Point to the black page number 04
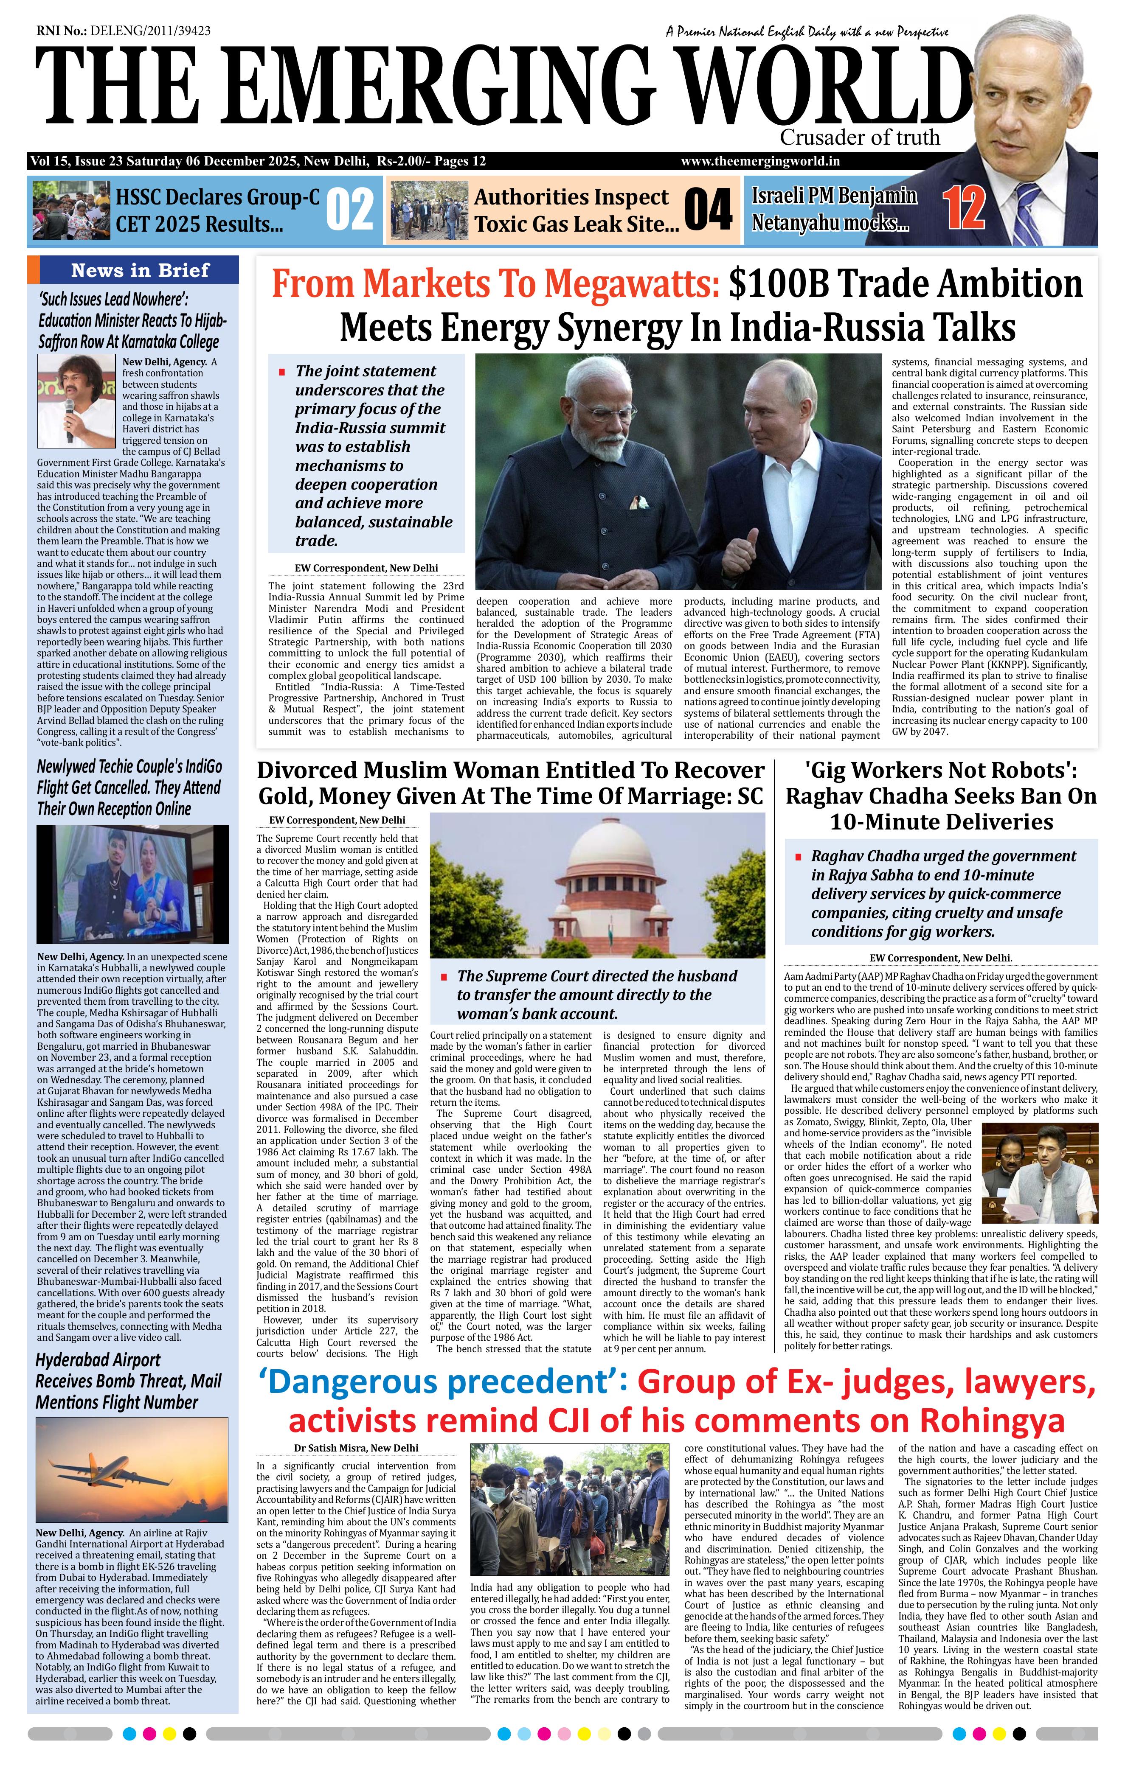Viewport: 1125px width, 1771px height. coord(708,210)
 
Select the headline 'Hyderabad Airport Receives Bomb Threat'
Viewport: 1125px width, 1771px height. coord(128,1381)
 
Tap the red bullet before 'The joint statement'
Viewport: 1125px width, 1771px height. coord(282,372)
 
